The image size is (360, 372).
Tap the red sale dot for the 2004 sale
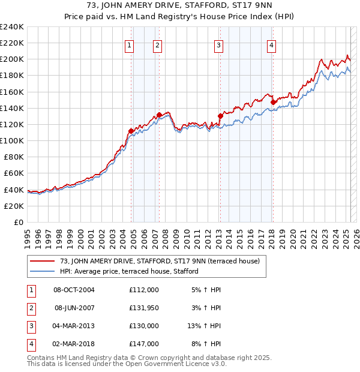(131, 131)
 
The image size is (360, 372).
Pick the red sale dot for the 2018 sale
(273, 102)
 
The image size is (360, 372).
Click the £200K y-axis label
(12, 59)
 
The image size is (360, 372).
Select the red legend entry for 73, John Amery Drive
(159, 261)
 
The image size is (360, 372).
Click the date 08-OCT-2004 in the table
(74, 290)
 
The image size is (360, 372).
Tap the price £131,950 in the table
(143, 308)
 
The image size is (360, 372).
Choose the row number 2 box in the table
(30, 308)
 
